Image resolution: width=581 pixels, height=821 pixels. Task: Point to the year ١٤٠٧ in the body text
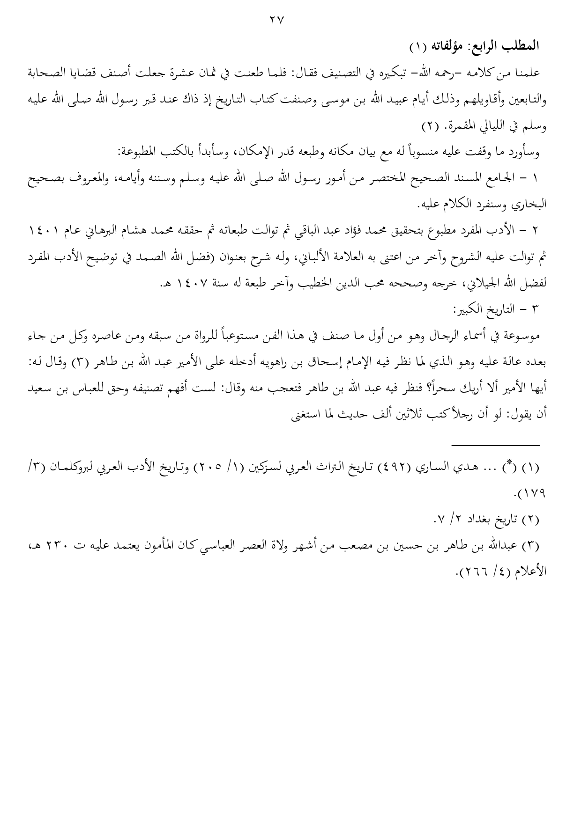point(196,284)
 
